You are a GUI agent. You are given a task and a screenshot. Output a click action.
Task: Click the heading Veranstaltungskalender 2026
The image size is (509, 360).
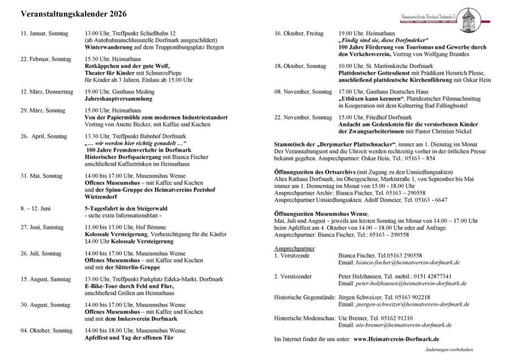74,13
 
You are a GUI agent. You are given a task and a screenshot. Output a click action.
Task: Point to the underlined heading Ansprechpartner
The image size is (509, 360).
294,248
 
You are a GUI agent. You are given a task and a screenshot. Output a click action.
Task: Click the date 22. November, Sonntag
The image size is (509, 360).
303,117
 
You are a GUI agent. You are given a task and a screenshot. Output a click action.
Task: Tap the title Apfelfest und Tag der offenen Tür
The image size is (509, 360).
128,337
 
